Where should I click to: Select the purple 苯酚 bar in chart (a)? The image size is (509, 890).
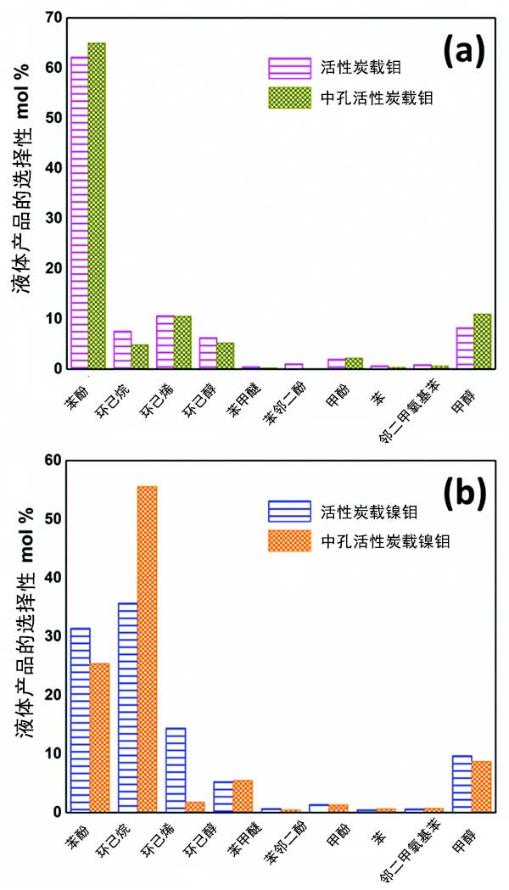coord(79,213)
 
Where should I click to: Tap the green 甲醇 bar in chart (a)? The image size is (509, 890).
coord(482,342)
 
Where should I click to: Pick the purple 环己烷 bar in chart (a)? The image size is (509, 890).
coord(122,350)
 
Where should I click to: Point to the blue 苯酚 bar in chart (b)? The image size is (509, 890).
coord(81,720)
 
